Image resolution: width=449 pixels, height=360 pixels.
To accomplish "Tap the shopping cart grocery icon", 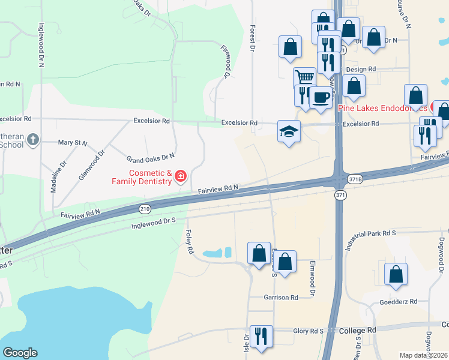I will coord(305,78).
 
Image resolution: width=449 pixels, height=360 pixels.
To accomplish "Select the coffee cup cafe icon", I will coord(321,97).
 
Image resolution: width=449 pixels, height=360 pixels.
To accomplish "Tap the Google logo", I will coord(20,353).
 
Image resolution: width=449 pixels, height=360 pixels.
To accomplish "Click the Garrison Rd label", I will coord(281,298).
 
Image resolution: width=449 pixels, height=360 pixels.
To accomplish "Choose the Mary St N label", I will coord(72,143).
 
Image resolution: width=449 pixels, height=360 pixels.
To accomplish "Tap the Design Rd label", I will coord(361,70).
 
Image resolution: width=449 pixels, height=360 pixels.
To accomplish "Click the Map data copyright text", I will coord(423,355).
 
